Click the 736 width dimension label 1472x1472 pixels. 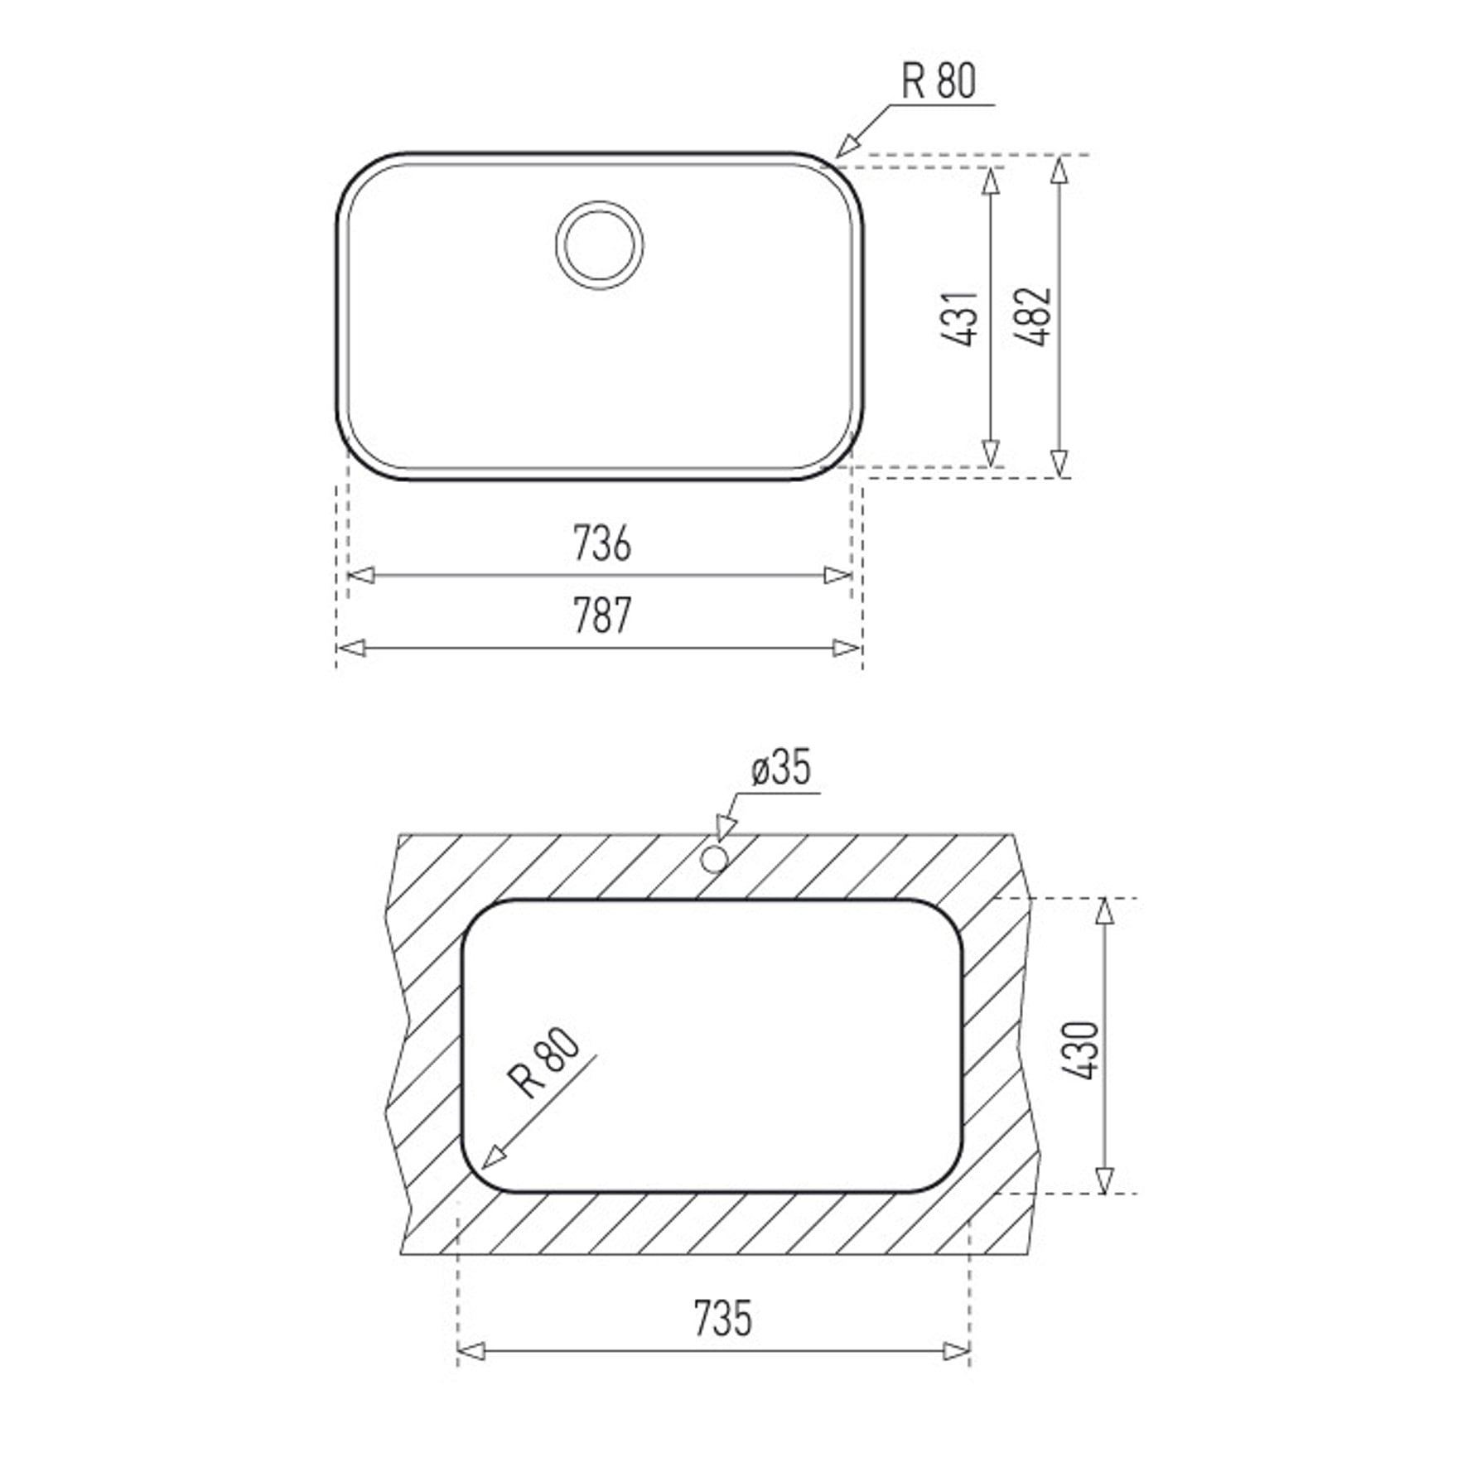pyautogui.click(x=602, y=543)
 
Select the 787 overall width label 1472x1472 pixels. pyautogui.click(x=602, y=615)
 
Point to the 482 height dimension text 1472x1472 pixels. pyautogui.click(x=1033, y=316)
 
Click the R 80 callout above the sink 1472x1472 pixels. pyautogui.click(x=939, y=81)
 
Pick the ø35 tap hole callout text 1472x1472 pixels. pyautogui.click(x=781, y=768)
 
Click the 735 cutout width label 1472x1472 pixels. pyautogui.click(x=723, y=1318)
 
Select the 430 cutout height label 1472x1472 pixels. pyautogui.click(x=1082, y=1050)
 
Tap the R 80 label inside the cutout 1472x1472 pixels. pyautogui.click(x=544, y=1064)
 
